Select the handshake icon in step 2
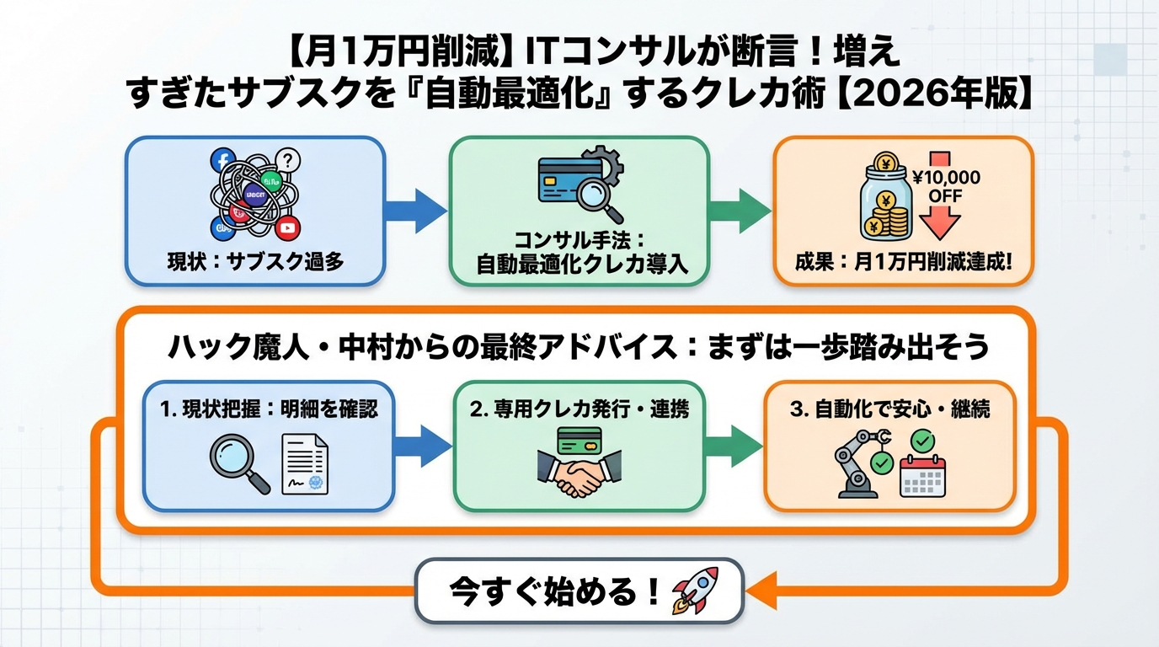[x=579, y=478]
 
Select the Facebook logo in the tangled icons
[x=222, y=161]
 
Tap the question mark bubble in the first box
[x=288, y=159]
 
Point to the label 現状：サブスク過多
[x=254, y=260]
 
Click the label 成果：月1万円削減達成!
[x=903, y=260]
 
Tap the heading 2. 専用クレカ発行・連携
[x=579, y=409]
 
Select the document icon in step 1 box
[x=305, y=466]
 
